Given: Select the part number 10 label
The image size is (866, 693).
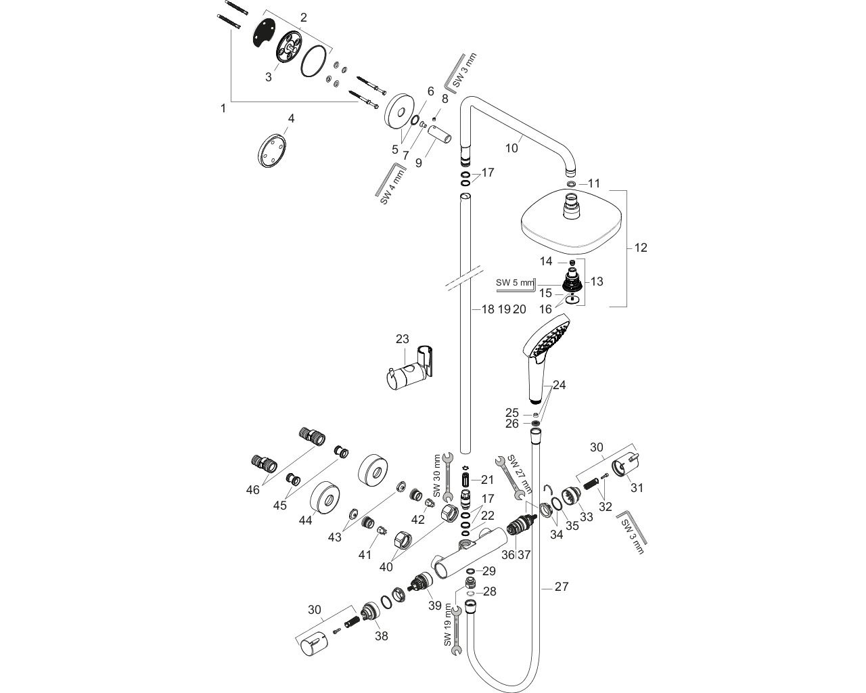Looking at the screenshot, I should tap(511, 148).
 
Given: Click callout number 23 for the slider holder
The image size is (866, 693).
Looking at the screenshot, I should tap(403, 339).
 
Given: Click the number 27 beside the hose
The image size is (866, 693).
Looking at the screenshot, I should tap(562, 587).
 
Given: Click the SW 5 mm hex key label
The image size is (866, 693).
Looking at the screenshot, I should tap(514, 283).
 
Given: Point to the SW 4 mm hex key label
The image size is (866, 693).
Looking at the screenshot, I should tap(392, 188).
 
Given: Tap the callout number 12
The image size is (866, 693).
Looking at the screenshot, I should tap(640, 248).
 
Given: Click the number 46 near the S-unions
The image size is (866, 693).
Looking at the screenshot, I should tap(252, 489).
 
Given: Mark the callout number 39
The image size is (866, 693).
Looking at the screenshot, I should tap(435, 605).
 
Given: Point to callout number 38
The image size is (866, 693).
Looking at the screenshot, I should tap(382, 635).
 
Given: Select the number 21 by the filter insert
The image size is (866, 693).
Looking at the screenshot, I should tap(488, 480).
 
